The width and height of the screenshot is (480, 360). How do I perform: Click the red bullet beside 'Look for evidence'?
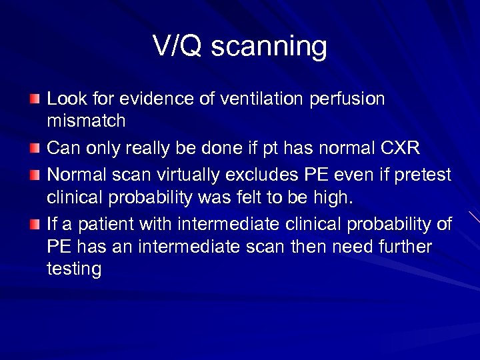click(34, 99)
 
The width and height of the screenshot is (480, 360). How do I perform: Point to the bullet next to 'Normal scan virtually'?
click(34, 174)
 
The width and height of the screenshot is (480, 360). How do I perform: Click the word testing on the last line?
click(74, 269)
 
